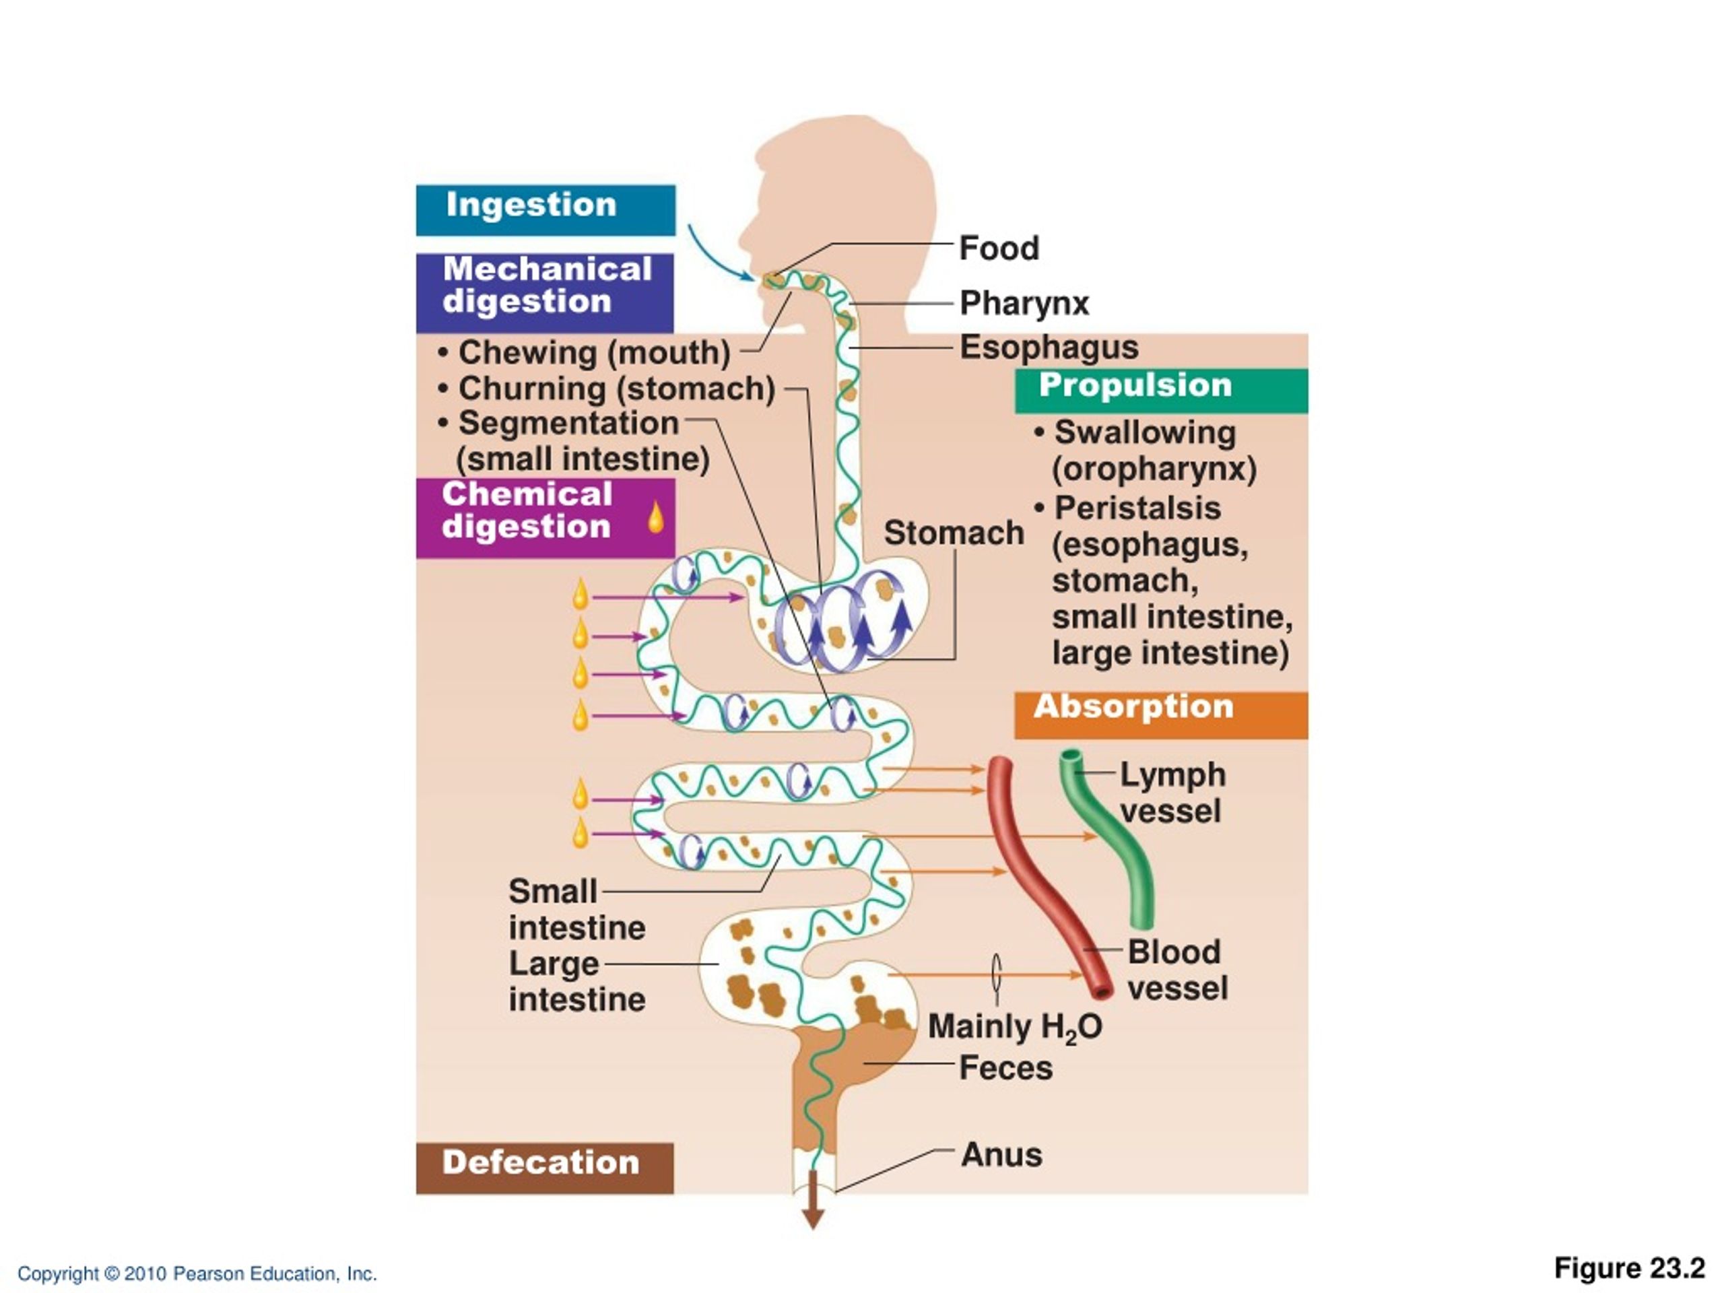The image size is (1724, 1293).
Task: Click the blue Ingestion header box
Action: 545,209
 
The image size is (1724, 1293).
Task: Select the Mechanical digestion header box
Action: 545,292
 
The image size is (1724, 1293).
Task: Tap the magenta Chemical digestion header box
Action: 545,517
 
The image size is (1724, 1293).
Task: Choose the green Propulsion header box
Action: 1161,391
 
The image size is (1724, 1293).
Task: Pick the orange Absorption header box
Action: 1161,715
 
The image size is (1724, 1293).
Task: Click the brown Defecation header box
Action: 545,1168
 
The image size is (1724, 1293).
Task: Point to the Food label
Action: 999,248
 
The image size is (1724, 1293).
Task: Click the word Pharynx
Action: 1024,303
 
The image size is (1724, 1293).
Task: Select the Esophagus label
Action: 1049,347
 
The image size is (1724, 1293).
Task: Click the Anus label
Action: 1001,1154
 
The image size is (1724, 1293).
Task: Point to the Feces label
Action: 1005,1068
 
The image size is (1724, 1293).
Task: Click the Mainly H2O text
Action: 1015,1027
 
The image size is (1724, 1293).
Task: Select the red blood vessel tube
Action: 1045,881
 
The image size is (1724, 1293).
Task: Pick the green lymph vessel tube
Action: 1106,838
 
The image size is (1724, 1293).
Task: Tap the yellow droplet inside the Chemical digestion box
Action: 656,517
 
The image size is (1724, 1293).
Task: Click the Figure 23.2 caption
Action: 1630,1269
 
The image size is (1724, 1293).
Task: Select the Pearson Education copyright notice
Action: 197,1274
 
